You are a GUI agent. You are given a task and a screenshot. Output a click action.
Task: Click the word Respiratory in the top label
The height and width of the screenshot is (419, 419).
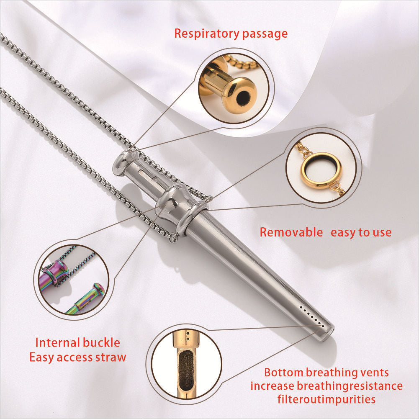click(x=206, y=34)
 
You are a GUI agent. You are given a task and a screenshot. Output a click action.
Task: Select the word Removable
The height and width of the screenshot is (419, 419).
click(x=291, y=232)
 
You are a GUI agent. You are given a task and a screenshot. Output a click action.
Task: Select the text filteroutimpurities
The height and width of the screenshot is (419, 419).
click(x=326, y=399)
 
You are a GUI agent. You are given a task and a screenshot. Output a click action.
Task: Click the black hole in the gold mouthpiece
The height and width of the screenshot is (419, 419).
click(x=243, y=97)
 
